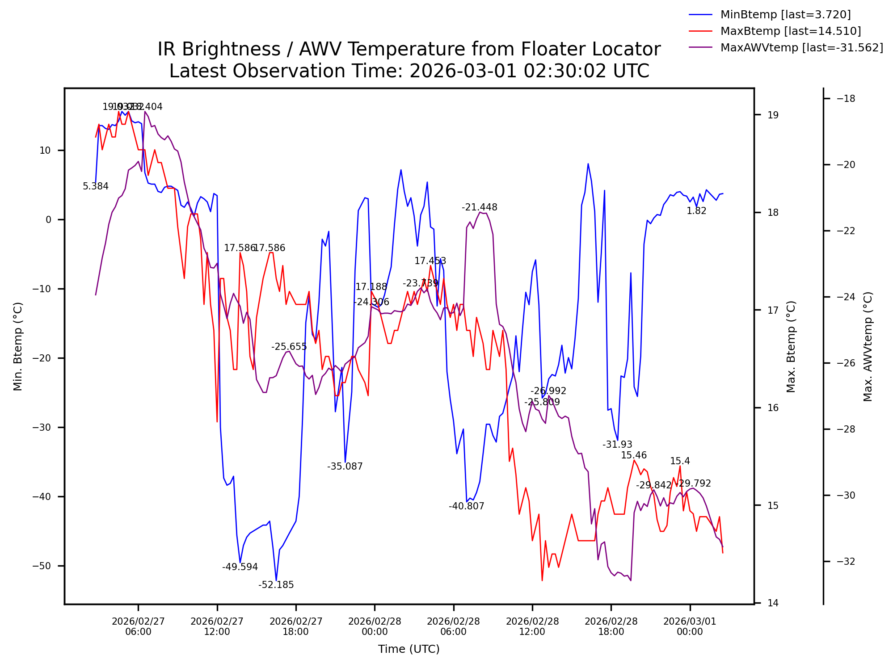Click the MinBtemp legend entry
tap(785, 15)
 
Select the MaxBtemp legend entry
tap(790, 31)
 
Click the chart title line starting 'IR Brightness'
tap(409, 49)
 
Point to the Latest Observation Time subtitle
tap(409, 71)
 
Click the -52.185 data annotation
tap(276, 585)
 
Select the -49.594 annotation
tap(240, 567)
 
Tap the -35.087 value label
tap(345, 466)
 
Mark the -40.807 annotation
tap(467, 506)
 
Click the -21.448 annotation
tap(480, 207)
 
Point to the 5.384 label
tap(96, 186)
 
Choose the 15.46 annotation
tap(634, 455)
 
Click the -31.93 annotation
tap(617, 445)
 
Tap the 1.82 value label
tap(696, 211)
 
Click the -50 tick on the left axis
tap(42, 566)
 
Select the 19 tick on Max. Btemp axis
tap(773, 115)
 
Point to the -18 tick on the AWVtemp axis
tap(846, 99)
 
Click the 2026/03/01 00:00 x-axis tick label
tap(690, 626)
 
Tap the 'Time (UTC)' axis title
tap(409, 649)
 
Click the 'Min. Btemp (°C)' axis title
tap(18, 346)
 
